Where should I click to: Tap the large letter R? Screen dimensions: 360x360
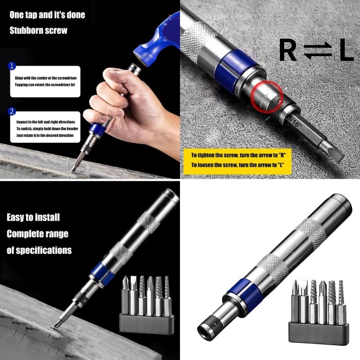point(289,50)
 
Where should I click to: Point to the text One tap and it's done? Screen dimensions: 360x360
point(47,15)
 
